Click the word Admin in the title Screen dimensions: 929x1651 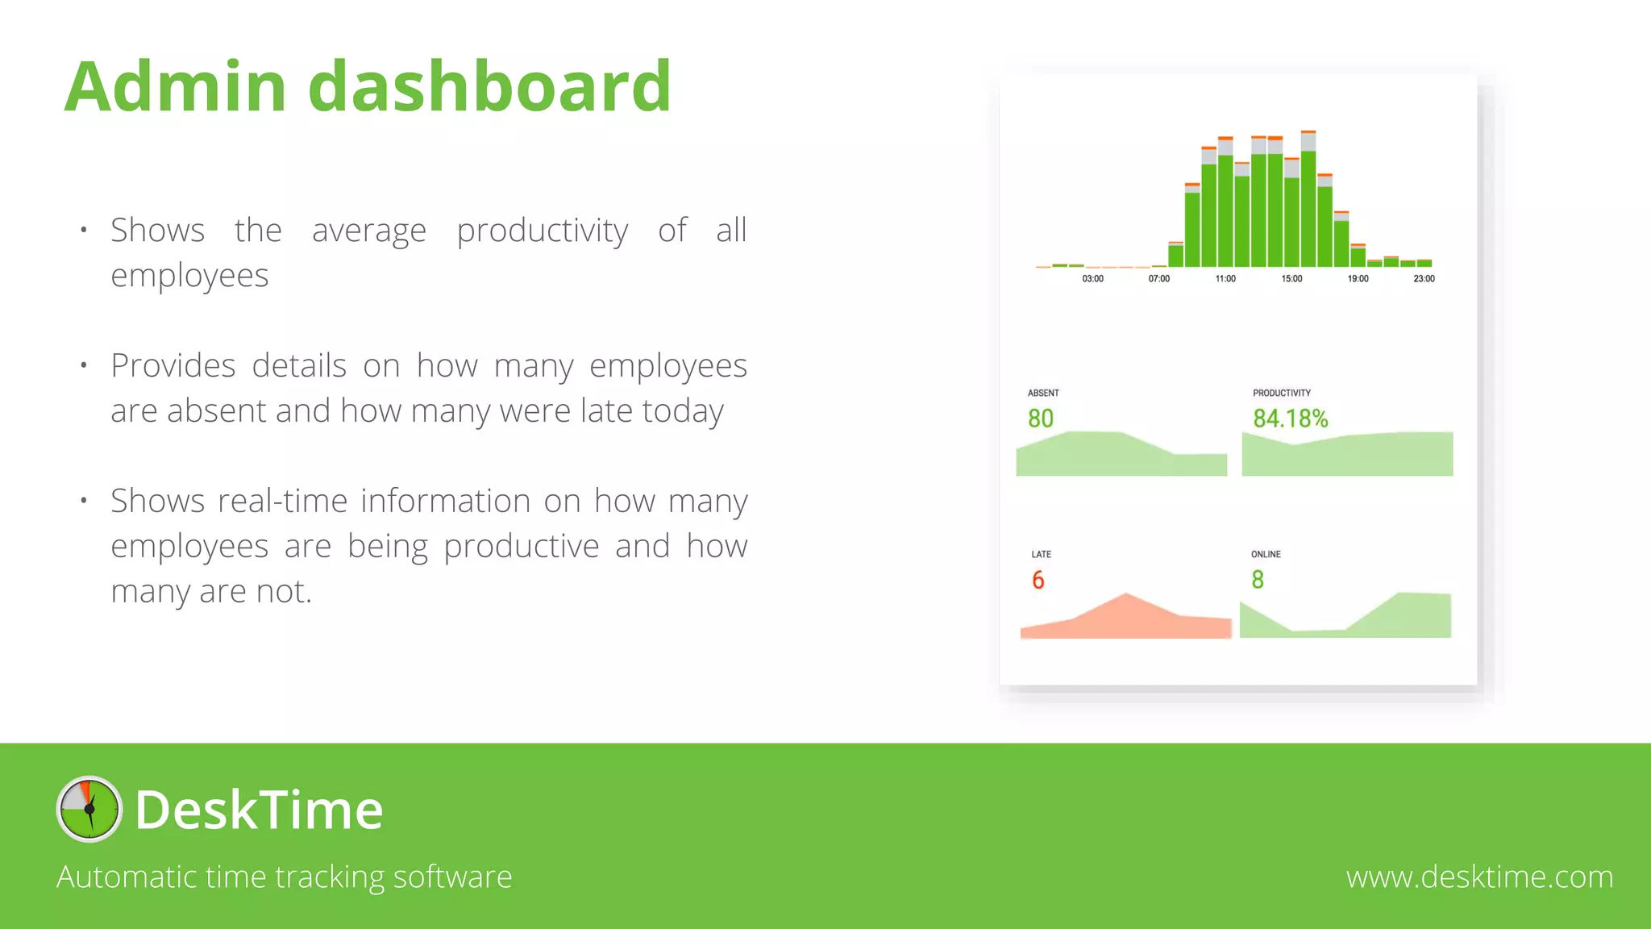coord(175,87)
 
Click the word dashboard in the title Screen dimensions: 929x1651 coord(489,87)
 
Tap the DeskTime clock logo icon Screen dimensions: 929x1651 coord(89,809)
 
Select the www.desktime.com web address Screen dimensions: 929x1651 coord(1479,877)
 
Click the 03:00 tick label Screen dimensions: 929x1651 coord(1092,279)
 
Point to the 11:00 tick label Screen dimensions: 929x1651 coord(1225,279)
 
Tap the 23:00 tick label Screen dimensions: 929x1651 coord(1424,279)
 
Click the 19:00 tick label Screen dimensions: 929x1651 coord(1358,279)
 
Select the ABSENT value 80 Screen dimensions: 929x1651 coord(1041,419)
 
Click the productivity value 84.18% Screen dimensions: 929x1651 coord(1290,419)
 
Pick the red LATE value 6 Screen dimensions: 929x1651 coord(1038,580)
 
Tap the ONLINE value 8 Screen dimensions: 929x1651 coord(1258,580)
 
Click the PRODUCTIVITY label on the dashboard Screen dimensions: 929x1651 coord(1281,394)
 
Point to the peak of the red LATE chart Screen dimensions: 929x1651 coord(1126,596)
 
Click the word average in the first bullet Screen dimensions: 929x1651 coord(368,231)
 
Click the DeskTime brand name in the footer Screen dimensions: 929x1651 coord(259,810)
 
